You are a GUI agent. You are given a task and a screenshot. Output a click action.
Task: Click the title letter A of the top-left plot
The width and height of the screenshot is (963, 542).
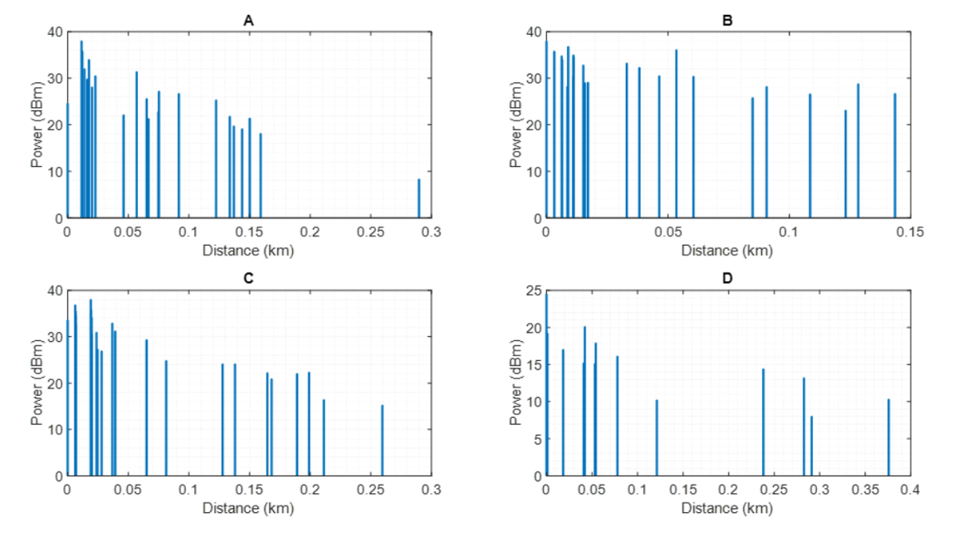[x=248, y=20]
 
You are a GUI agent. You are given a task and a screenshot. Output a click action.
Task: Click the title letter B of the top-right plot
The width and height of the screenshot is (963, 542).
[x=727, y=20]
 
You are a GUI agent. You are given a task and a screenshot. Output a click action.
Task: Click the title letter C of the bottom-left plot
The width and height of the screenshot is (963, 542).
[x=248, y=279]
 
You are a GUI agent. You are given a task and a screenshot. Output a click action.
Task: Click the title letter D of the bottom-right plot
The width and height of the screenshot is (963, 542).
[x=727, y=279]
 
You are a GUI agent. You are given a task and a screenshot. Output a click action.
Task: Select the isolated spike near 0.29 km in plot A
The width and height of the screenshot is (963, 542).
[x=418, y=199]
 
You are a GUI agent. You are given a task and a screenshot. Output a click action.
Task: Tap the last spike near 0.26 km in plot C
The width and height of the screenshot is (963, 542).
[x=383, y=441]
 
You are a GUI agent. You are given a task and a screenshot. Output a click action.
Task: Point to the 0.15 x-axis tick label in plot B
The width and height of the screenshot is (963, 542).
[x=910, y=232]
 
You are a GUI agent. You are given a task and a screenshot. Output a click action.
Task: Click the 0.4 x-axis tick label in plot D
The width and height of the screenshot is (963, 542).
[x=910, y=491]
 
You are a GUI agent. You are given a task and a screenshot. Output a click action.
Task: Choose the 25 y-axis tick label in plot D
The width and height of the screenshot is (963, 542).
[x=532, y=291]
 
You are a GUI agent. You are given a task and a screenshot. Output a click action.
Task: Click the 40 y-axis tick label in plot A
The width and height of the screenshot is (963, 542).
[x=53, y=32]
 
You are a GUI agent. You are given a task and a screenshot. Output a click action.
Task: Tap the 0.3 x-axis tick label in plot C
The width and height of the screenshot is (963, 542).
[x=431, y=491]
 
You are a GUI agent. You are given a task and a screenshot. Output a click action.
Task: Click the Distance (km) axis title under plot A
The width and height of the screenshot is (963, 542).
[x=248, y=249]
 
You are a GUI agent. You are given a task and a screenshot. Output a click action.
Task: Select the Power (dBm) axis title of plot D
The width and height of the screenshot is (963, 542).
[x=516, y=383]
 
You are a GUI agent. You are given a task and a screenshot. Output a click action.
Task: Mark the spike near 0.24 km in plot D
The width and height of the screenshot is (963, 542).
[x=763, y=422]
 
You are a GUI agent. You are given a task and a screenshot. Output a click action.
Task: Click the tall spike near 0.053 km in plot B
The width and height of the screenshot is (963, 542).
[x=676, y=134]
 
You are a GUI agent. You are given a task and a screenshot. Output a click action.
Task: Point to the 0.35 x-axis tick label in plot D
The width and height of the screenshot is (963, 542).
[x=864, y=491]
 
